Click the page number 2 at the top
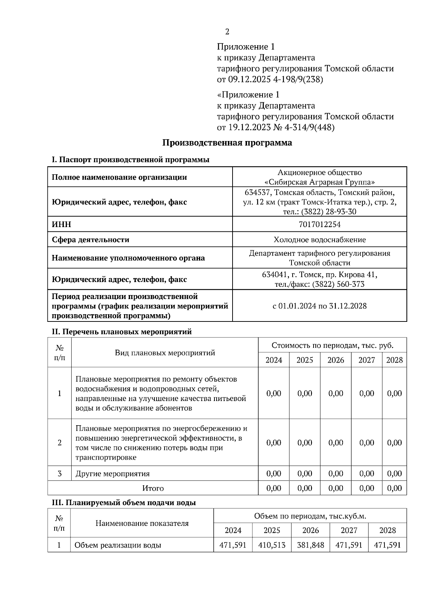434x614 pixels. point(227,32)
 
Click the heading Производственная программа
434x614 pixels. point(227,142)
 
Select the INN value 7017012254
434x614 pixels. point(319,225)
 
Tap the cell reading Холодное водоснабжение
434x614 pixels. point(319,240)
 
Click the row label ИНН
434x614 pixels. point(61,225)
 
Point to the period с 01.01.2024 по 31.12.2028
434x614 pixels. point(319,306)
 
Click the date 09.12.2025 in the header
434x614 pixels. point(249,80)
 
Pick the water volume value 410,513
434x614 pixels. point(272,545)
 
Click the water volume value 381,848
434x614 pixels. point(310,545)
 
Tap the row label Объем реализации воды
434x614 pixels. point(118,545)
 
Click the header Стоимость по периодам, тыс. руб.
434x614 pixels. point(332,345)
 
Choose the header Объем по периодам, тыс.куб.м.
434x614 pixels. point(310,516)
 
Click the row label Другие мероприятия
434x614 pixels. point(112,474)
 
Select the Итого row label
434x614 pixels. point(153,488)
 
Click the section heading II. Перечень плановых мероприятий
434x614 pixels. point(122,332)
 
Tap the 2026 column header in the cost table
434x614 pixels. point(335,360)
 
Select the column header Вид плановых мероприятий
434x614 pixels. point(165,353)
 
